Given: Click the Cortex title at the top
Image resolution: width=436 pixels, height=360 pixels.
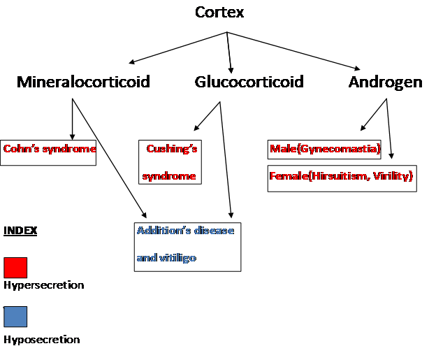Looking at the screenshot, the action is click(x=219, y=13).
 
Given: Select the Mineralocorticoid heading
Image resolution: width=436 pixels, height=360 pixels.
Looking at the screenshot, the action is click(x=83, y=82).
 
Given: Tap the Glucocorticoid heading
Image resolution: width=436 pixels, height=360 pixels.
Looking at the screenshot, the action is click(x=249, y=82).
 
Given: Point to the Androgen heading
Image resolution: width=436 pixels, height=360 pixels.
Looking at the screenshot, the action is click(x=385, y=82).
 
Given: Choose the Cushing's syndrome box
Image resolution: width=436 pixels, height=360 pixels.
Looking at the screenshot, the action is click(x=170, y=161).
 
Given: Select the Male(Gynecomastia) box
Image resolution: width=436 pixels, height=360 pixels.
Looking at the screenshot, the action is click(x=324, y=150).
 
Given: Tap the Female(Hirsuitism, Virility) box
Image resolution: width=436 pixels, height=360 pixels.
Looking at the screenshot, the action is click(x=342, y=178).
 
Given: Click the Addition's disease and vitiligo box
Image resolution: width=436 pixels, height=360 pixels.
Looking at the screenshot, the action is click(x=187, y=246).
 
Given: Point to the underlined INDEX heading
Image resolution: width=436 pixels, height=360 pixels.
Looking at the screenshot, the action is click(x=20, y=231).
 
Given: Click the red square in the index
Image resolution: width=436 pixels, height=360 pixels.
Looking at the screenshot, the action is click(x=15, y=268).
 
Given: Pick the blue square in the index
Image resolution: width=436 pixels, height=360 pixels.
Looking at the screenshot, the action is click(x=15, y=317).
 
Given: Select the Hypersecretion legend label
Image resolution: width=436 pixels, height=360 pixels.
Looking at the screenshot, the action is click(x=43, y=285).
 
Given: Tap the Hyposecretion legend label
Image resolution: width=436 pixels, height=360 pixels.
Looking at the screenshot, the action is click(x=41, y=340).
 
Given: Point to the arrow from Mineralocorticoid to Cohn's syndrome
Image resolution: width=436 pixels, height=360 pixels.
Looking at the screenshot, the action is click(x=72, y=119).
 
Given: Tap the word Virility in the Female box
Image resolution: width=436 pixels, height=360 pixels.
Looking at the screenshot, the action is click(x=391, y=178).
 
